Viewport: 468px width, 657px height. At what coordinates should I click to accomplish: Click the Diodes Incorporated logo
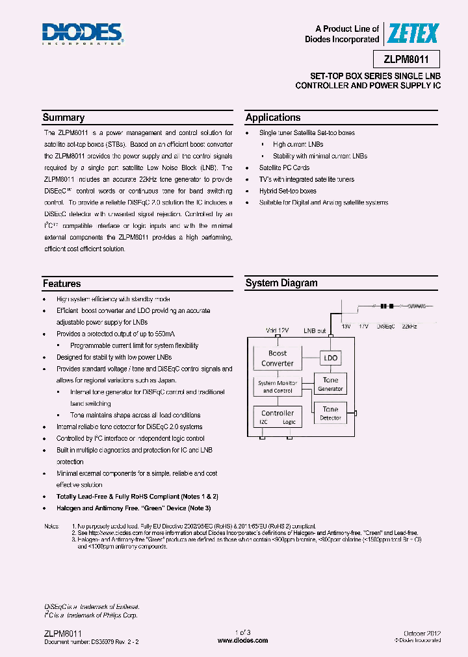pos(82,34)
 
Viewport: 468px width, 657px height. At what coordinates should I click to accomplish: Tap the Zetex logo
pos(413,33)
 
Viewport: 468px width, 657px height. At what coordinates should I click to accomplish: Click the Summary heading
pos(64,118)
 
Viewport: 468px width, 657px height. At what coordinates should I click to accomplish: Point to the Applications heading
pos(273,118)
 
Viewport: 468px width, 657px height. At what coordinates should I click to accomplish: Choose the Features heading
pos(62,284)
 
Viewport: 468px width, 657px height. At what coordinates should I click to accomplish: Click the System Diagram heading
pos(281,283)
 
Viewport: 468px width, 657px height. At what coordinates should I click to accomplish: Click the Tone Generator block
pos(330,384)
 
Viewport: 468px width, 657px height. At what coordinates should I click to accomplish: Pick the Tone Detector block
pos(330,413)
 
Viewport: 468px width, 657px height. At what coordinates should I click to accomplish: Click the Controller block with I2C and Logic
pos(278,417)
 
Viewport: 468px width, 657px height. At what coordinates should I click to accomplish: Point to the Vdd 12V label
pos(278,330)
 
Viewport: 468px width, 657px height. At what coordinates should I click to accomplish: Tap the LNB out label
pos(315,330)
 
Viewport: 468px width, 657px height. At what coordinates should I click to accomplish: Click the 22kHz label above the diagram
pos(411,325)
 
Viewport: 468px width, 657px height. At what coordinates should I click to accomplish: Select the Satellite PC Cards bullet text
pos(285,167)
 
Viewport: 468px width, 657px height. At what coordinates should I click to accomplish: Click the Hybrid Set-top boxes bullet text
pos(288,191)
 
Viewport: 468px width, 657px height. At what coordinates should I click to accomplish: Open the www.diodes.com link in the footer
pos(242,640)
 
